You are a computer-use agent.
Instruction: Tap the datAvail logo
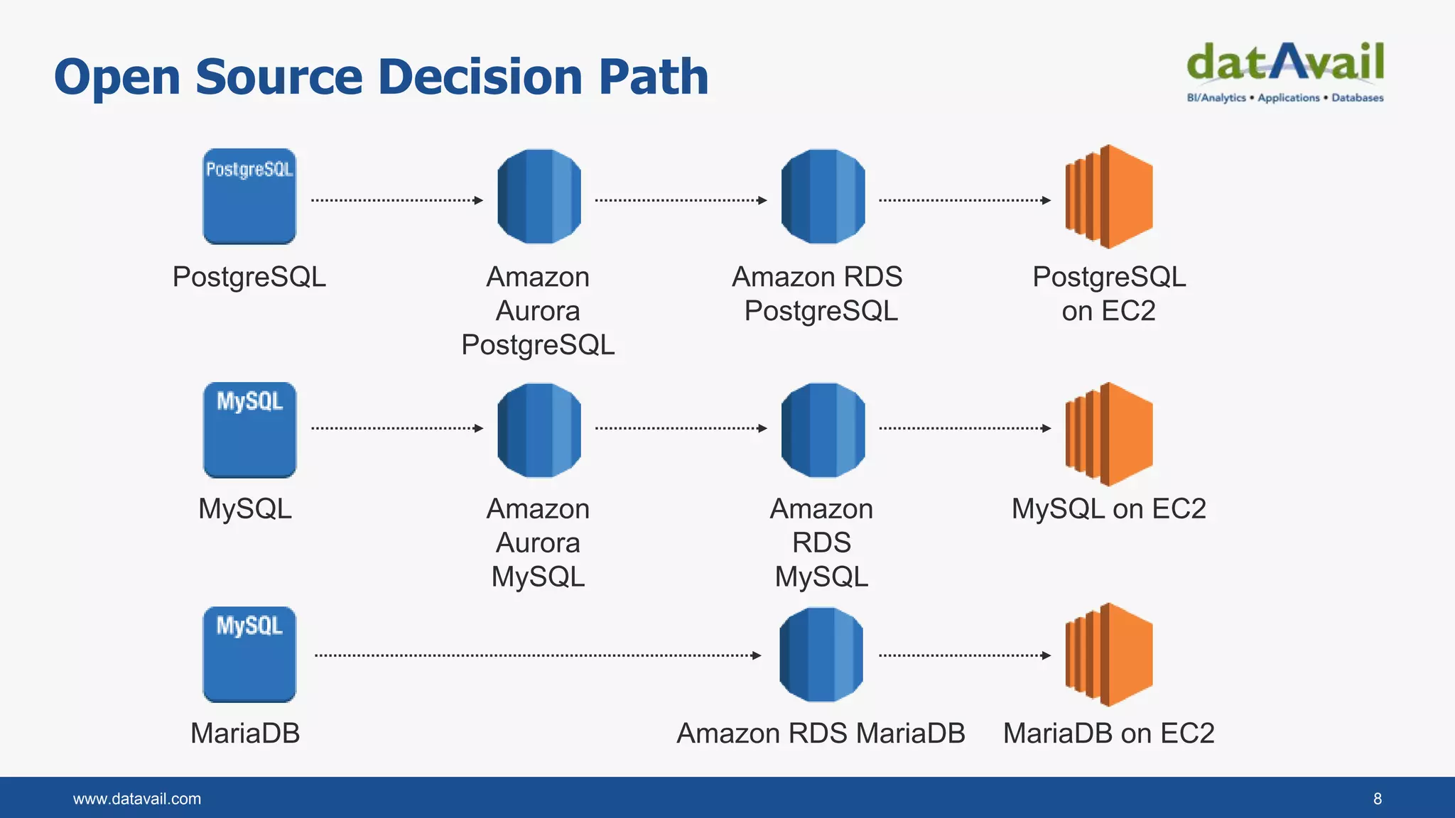(1284, 71)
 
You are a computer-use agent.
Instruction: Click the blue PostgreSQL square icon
(249, 197)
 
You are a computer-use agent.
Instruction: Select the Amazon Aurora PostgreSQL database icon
(539, 197)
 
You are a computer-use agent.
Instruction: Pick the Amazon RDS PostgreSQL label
(818, 293)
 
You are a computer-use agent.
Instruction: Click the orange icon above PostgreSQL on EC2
(1108, 197)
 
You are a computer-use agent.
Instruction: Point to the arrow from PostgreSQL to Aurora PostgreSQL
(396, 200)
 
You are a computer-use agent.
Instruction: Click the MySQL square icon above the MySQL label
(249, 430)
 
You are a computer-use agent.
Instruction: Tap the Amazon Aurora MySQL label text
(539, 542)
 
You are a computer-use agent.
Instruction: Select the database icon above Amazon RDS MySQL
(823, 430)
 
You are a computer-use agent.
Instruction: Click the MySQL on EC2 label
(1108, 508)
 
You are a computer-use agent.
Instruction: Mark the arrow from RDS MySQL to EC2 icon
(965, 428)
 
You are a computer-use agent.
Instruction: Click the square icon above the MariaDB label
(249, 654)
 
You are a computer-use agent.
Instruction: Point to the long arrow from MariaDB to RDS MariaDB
(538, 655)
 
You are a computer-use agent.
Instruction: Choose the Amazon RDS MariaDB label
(821, 733)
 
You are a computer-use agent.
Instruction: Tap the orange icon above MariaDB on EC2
(1108, 654)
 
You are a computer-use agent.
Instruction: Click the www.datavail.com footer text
(137, 799)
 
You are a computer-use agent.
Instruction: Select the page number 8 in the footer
(1377, 799)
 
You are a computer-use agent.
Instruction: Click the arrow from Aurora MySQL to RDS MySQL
(681, 428)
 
